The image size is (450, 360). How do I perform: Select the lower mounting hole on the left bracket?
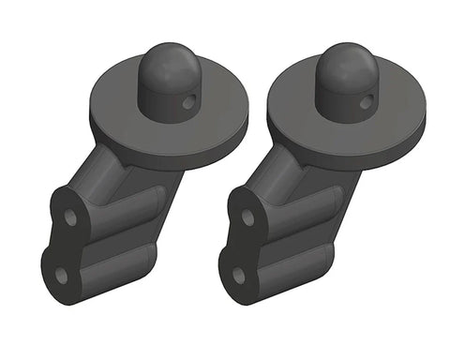click(63, 274)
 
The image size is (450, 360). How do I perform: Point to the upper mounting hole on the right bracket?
click(247, 217)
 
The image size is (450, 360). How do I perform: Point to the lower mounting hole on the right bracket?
click(239, 275)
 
